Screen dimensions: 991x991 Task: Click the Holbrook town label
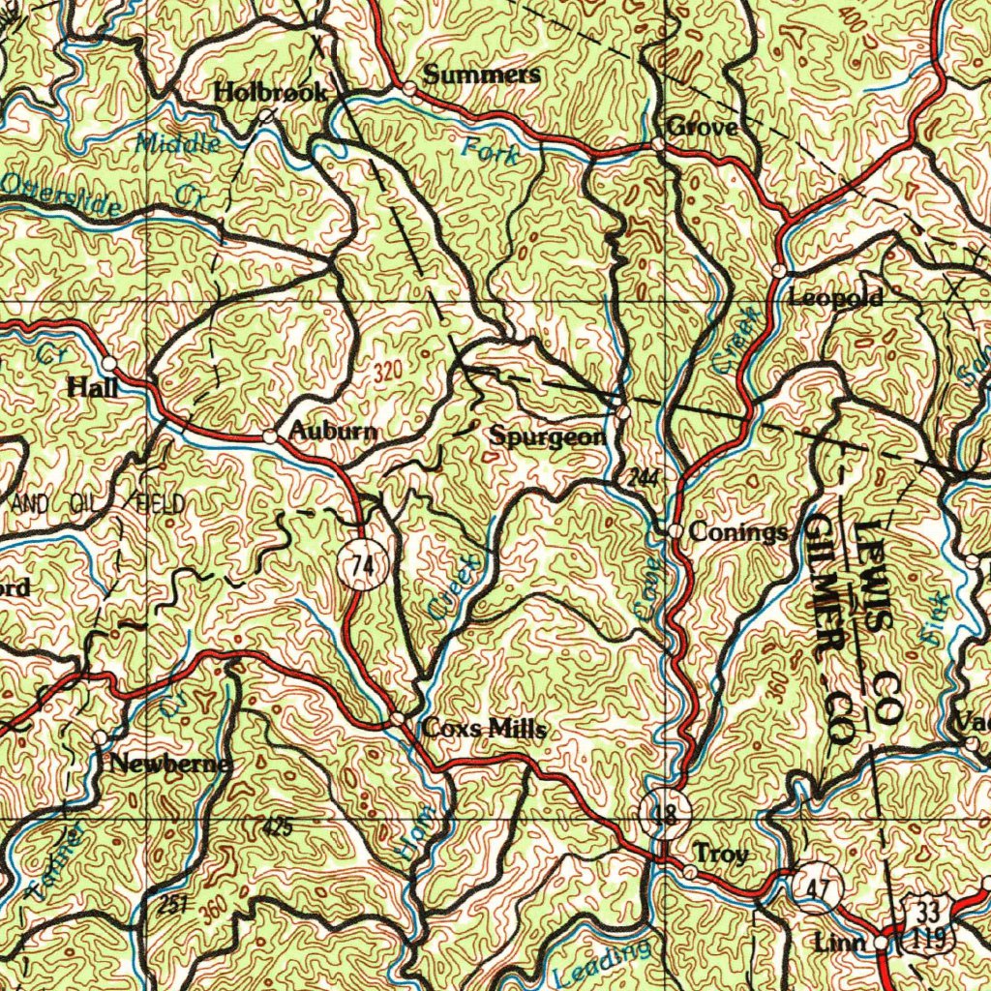coord(270,93)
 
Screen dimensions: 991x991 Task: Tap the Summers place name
coord(482,75)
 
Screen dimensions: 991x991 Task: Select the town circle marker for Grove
coord(657,144)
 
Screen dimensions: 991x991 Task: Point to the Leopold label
coord(836,298)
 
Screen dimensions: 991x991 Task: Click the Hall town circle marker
coord(110,364)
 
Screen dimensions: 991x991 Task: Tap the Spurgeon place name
coord(548,436)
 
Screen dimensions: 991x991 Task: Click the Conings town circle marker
coord(675,531)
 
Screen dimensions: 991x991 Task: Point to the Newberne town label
coord(169,764)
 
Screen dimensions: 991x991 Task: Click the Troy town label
coord(721,855)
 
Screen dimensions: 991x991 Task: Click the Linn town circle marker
coord(880,942)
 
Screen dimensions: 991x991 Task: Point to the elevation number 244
coord(643,476)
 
